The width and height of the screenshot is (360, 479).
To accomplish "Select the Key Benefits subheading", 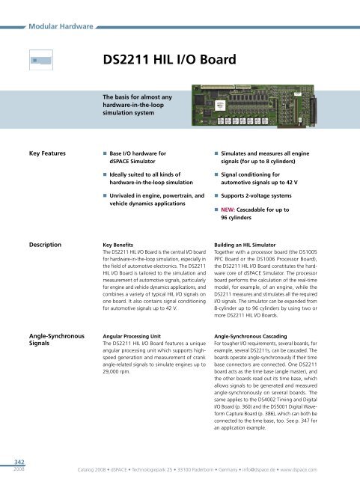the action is coord(120,245).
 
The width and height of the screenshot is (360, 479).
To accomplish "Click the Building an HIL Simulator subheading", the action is coord(251,245).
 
